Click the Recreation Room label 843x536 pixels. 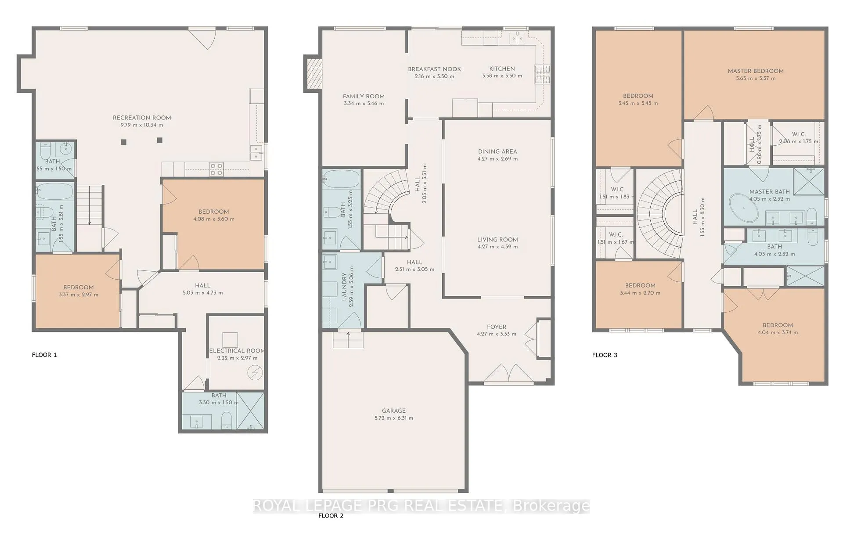click(x=142, y=118)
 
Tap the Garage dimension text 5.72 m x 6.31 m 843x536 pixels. click(x=393, y=418)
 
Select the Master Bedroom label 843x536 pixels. click(x=756, y=71)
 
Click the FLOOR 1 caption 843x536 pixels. click(x=44, y=355)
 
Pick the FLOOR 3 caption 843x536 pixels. click(x=605, y=355)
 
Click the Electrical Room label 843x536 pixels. click(x=237, y=351)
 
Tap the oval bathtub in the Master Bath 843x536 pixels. click(x=743, y=209)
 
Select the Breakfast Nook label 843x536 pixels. click(x=434, y=69)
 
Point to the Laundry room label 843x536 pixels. click(x=344, y=287)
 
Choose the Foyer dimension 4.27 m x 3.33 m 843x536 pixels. click(x=497, y=334)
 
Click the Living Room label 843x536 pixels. click(x=497, y=240)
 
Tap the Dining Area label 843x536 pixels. click(x=497, y=151)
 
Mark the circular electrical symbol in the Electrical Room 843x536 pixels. click(x=255, y=373)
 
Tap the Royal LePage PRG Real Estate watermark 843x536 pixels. click(x=421, y=506)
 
